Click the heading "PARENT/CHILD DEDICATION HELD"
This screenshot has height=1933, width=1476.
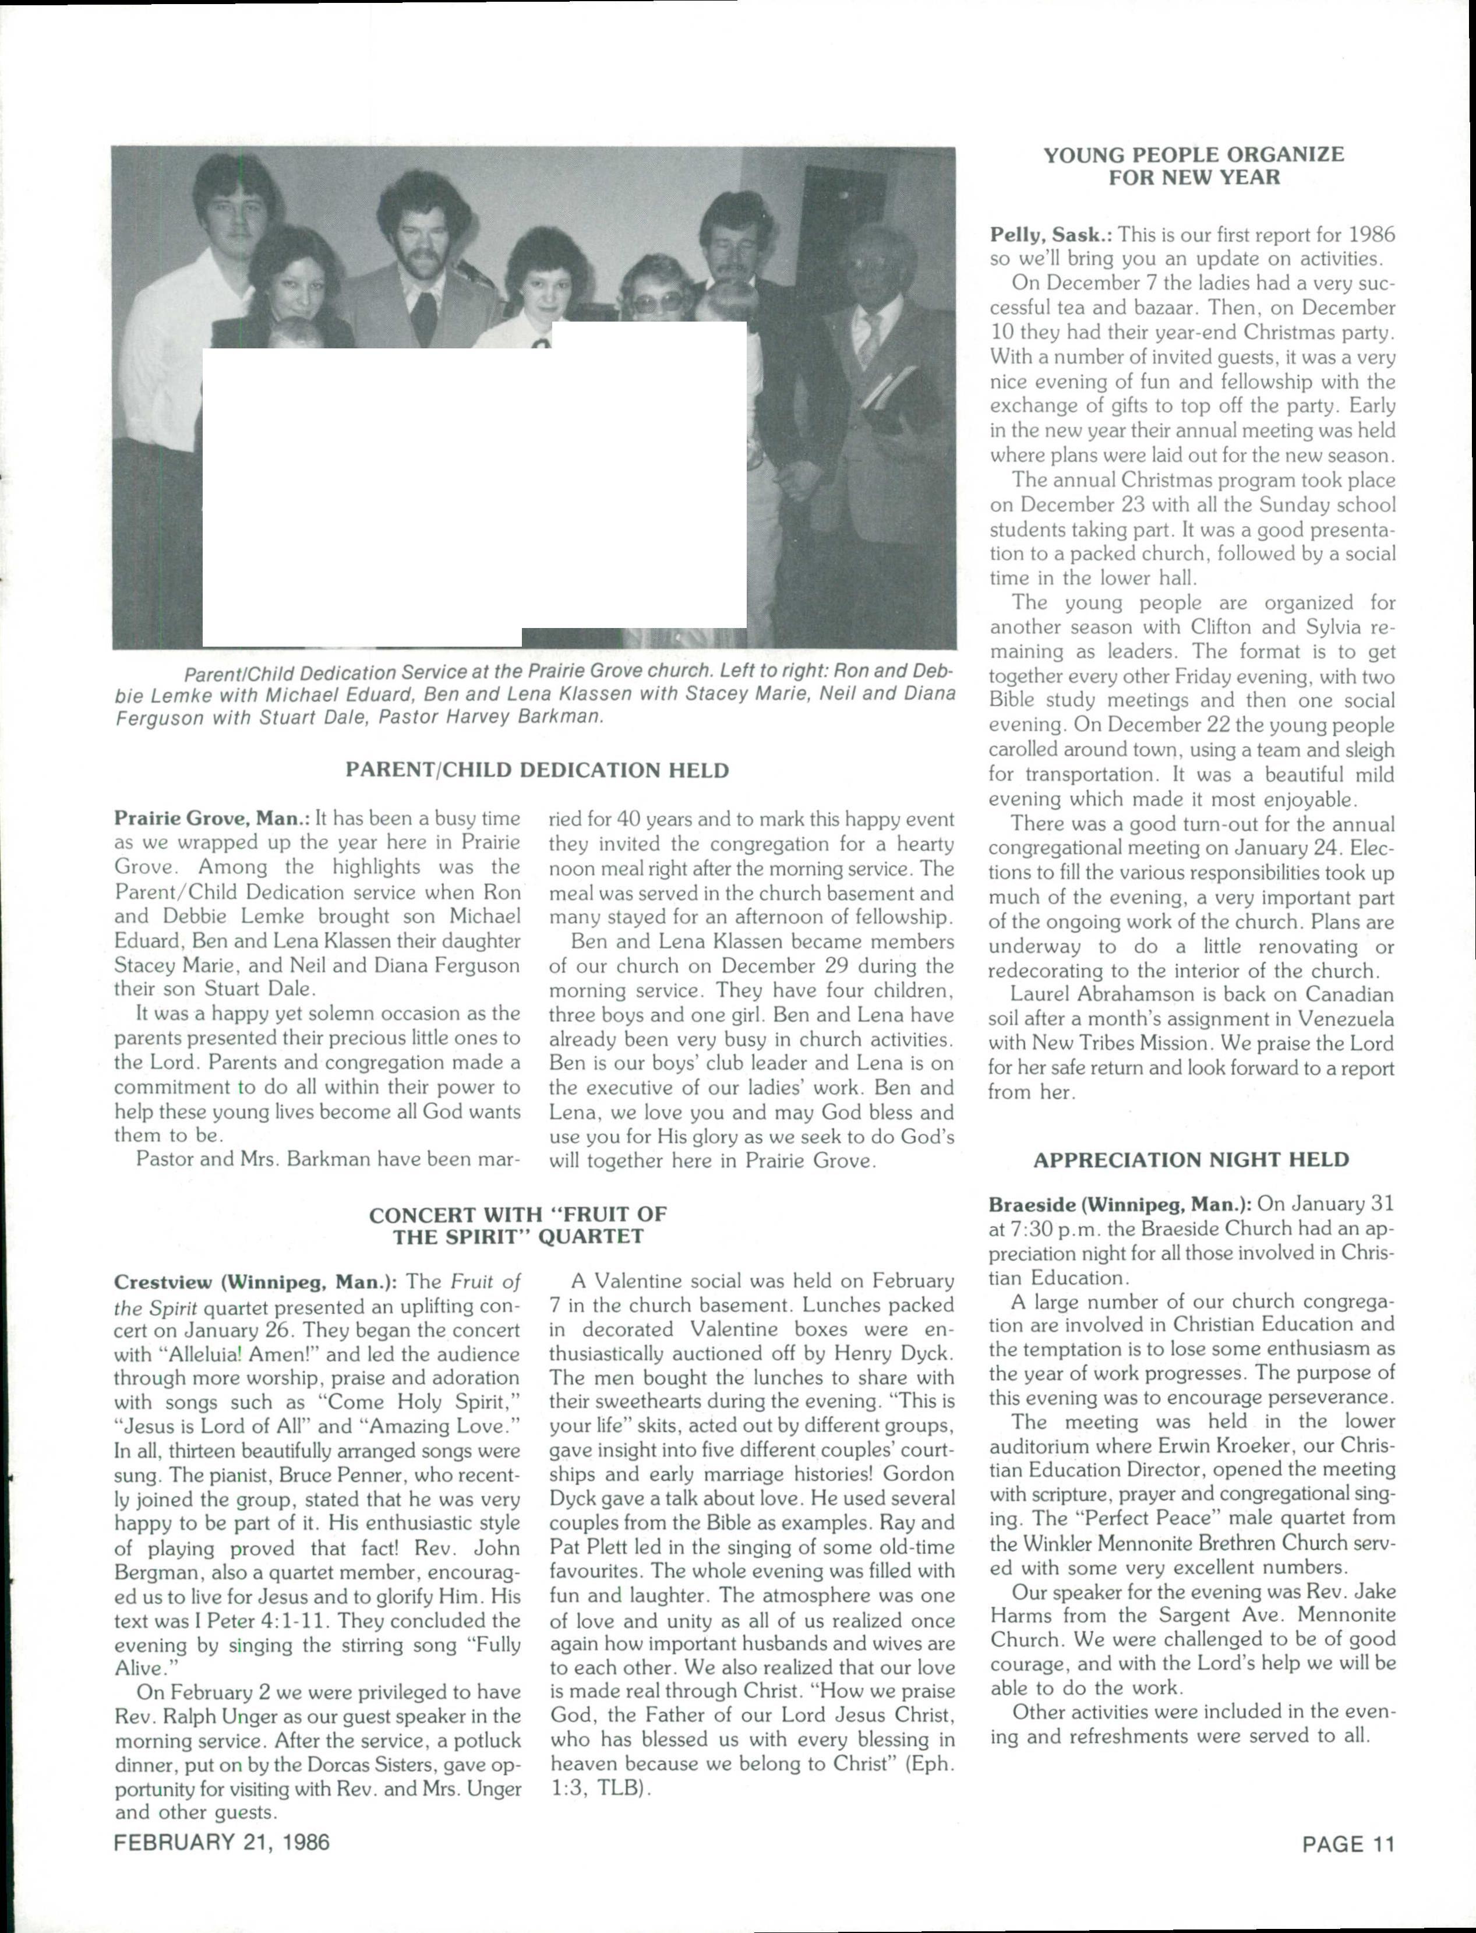[x=537, y=771]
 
